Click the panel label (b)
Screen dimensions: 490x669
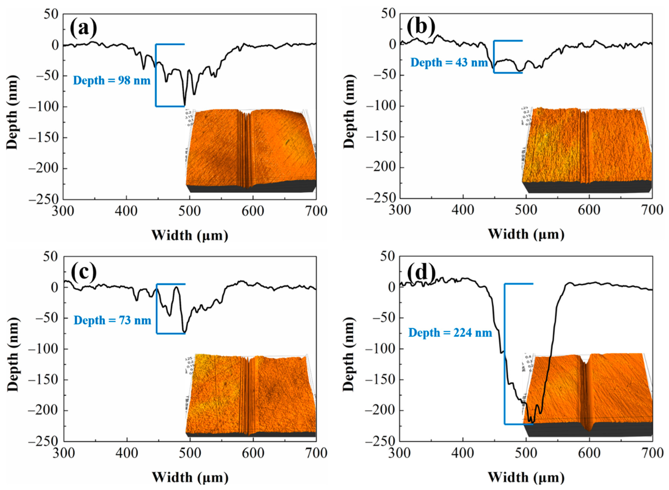[x=421, y=28]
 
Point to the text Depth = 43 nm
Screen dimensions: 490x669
[x=449, y=63]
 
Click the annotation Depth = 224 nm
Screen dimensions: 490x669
[x=450, y=333]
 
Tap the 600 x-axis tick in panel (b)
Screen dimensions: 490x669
[x=589, y=210]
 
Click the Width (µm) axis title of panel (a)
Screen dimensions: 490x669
[x=190, y=235]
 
